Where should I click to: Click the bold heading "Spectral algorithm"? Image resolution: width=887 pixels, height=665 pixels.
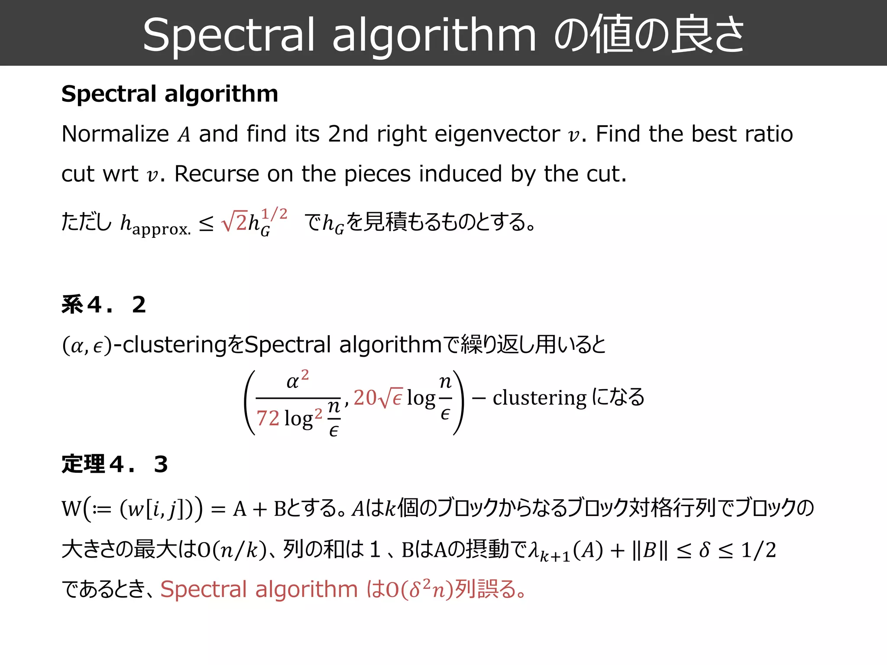(170, 94)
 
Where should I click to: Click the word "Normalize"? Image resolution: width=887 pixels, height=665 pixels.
(115, 134)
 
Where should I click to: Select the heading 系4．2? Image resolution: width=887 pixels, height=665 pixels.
(104, 304)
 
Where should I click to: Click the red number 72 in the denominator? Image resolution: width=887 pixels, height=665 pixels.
(268, 418)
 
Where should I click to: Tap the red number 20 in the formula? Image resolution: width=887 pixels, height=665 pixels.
(365, 397)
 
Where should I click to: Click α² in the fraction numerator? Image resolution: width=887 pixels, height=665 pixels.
(298, 381)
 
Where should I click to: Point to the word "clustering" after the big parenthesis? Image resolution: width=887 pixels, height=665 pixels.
(539, 397)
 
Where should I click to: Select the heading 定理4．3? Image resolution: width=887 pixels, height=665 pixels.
(115, 464)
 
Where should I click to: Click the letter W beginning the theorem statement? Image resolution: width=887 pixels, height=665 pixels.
(71, 508)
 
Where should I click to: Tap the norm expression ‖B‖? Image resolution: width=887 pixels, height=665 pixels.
(650, 550)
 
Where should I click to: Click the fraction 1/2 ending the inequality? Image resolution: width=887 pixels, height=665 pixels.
(758, 550)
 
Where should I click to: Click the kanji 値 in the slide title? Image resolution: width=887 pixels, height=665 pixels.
(615, 34)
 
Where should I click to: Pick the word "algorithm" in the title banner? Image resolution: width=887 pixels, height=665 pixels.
(434, 36)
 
